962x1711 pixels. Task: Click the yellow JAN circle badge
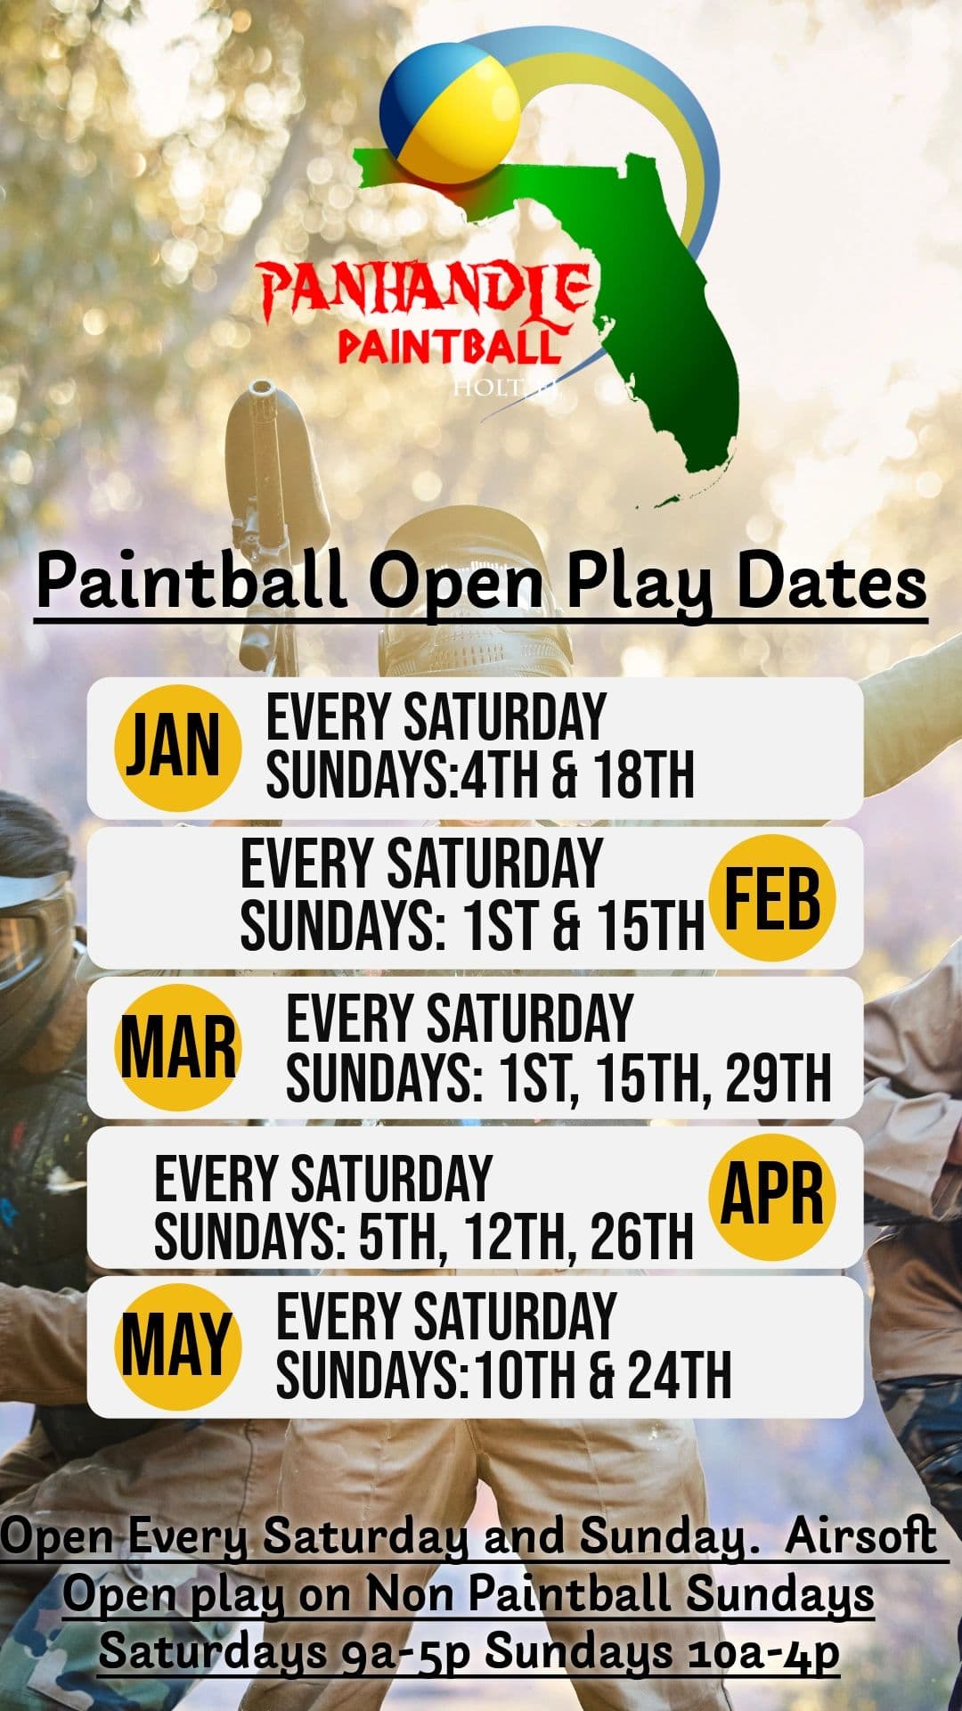[x=177, y=748]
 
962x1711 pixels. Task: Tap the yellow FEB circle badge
[x=771, y=897]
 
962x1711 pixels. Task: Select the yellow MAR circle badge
[x=178, y=1047]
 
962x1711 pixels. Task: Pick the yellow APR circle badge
[x=771, y=1197]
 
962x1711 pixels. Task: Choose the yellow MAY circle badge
[x=178, y=1347]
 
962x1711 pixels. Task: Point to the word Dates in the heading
[x=832, y=584]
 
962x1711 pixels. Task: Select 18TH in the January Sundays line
[x=643, y=776]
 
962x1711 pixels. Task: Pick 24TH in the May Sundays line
[x=680, y=1375]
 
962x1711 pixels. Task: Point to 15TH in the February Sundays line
[x=650, y=926]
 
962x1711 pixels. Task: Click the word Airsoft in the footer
[x=860, y=1535]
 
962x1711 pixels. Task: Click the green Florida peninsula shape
[x=677, y=339]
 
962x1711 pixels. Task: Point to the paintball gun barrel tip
[x=262, y=392]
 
